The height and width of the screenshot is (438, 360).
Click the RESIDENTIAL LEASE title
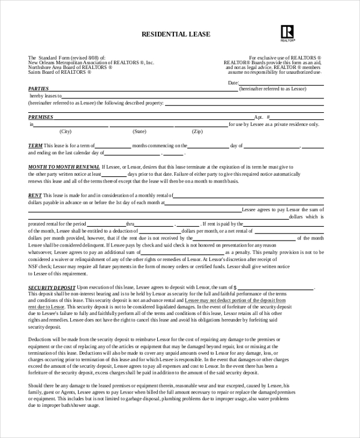pyautogui.click(x=176, y=34)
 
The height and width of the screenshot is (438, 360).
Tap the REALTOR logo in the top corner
pyautogui.click(x=287, y=32)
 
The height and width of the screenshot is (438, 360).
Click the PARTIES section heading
pyautogui.click(x=39, y=88)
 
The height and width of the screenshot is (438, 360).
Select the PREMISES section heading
pyautogui.click(x=41, y=117)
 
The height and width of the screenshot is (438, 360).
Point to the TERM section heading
pyautogui.click(x=35, y=146)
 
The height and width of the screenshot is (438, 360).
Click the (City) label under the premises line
pyautogui.click(x=65, y=131)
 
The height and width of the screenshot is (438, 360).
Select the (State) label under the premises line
pyautogui.click(x=139, y=131)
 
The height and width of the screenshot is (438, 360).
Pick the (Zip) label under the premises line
pyautogui.click(x=197, y=131)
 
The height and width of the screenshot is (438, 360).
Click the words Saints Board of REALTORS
pyautogui.click(x=60, y=72)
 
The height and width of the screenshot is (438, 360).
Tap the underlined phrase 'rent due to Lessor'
pyautogui.click(x=49, y=305)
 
